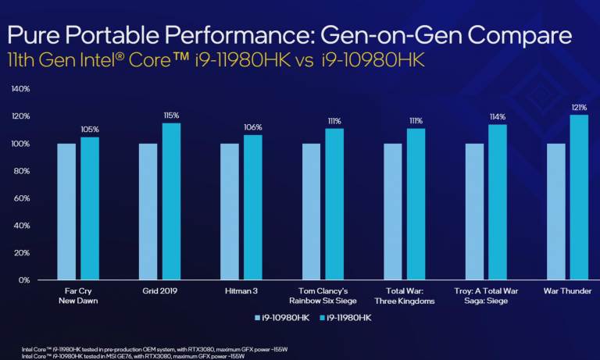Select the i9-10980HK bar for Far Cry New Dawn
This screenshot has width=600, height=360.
(66, 211)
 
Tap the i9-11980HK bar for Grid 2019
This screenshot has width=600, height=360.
(171, 201)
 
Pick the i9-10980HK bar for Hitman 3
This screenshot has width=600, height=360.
(230, 211)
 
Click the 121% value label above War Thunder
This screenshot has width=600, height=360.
(579, 106)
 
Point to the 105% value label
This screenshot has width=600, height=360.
(90, 129)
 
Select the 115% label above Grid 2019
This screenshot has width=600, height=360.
(171, 115)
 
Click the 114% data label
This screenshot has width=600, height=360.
(498, 116)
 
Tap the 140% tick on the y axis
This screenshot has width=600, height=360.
(20, 89)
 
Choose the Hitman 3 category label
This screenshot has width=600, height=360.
(241, 291)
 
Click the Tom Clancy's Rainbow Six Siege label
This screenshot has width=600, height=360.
(323, 296)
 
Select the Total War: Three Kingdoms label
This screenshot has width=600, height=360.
(404, 296)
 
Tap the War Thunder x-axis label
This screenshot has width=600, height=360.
(568, 291)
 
